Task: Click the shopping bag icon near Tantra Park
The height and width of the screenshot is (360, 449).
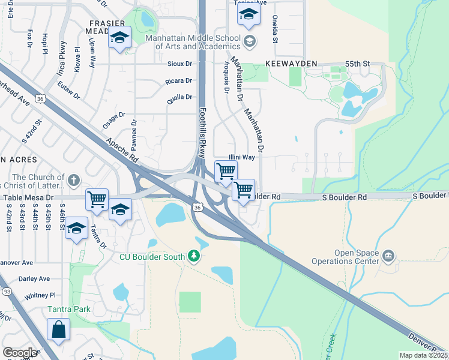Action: tap(58, 329)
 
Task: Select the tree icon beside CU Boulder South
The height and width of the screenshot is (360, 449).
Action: tap(193, 257)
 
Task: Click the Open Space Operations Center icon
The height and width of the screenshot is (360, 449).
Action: tap(388, 257)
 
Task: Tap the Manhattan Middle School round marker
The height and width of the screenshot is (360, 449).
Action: tap(250, 41)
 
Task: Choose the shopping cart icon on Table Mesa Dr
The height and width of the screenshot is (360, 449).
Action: tap(97, 199)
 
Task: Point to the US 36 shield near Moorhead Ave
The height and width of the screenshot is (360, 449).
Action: tap(40, 98)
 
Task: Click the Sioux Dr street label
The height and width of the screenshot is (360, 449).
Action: tap(179, 64)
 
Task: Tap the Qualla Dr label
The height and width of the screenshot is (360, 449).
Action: tap(179, 97)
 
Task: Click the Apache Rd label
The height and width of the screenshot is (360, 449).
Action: tap(122, 151)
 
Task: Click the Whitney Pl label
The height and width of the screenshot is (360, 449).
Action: tap(40, 296)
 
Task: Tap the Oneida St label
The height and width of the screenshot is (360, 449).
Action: tap(275, 29)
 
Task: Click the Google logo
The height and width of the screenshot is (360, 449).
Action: tap(20, 353)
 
